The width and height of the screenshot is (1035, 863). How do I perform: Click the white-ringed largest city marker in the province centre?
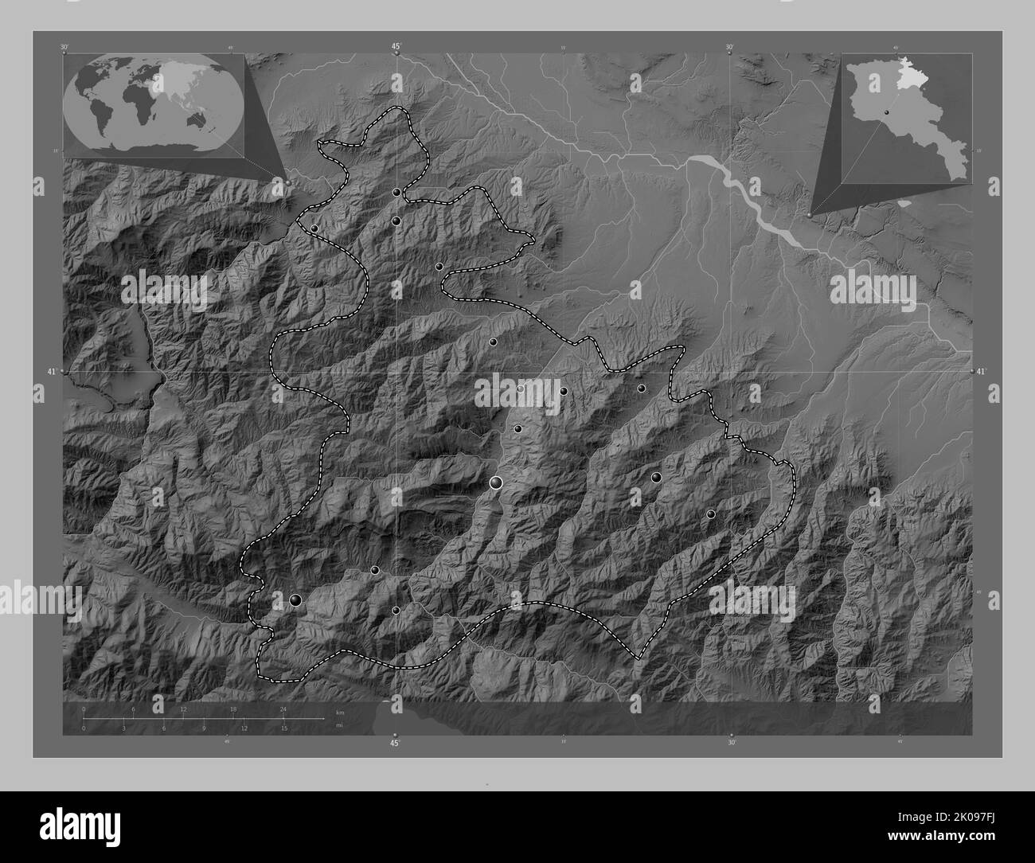point(497,482)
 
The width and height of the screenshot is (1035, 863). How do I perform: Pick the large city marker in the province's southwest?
point(296,600)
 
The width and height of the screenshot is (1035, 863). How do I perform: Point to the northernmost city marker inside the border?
point(396,193)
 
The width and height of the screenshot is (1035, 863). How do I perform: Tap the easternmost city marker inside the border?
point(711,514)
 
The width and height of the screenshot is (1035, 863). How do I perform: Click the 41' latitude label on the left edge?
point(51,372)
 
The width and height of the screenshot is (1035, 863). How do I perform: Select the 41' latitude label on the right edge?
point(981,372)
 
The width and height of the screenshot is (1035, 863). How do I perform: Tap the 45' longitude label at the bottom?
point(395,744)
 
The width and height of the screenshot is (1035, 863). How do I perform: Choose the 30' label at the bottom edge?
point(731,743)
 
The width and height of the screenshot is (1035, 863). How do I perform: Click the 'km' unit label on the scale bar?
point(340,712)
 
